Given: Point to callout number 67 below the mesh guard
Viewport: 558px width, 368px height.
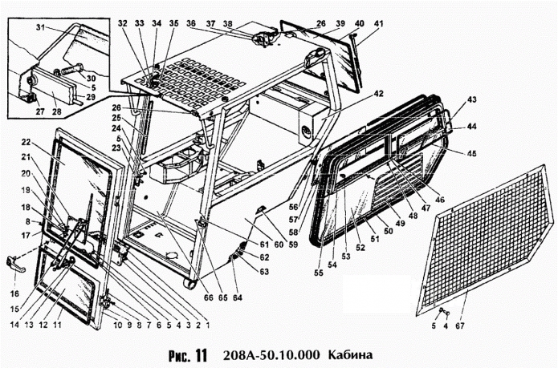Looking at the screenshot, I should [x=458, y=327].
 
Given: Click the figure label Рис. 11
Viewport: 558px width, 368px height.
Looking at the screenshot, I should [x=189, y=354].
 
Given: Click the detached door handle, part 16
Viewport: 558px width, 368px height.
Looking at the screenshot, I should [x=14, y=261].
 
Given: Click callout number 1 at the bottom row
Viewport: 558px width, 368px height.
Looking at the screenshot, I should [x=206, y=326].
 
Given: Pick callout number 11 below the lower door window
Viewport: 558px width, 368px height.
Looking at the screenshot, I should [x=57, y=326].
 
